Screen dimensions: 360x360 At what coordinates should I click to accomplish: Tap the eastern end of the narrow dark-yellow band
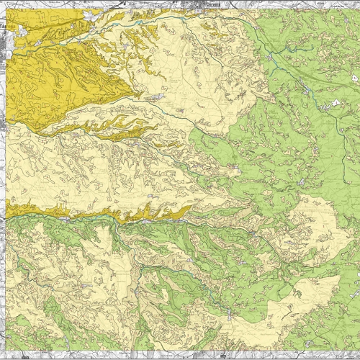point(189,210)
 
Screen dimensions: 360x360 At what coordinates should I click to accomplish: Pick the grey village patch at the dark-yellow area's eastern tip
point(155,94)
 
